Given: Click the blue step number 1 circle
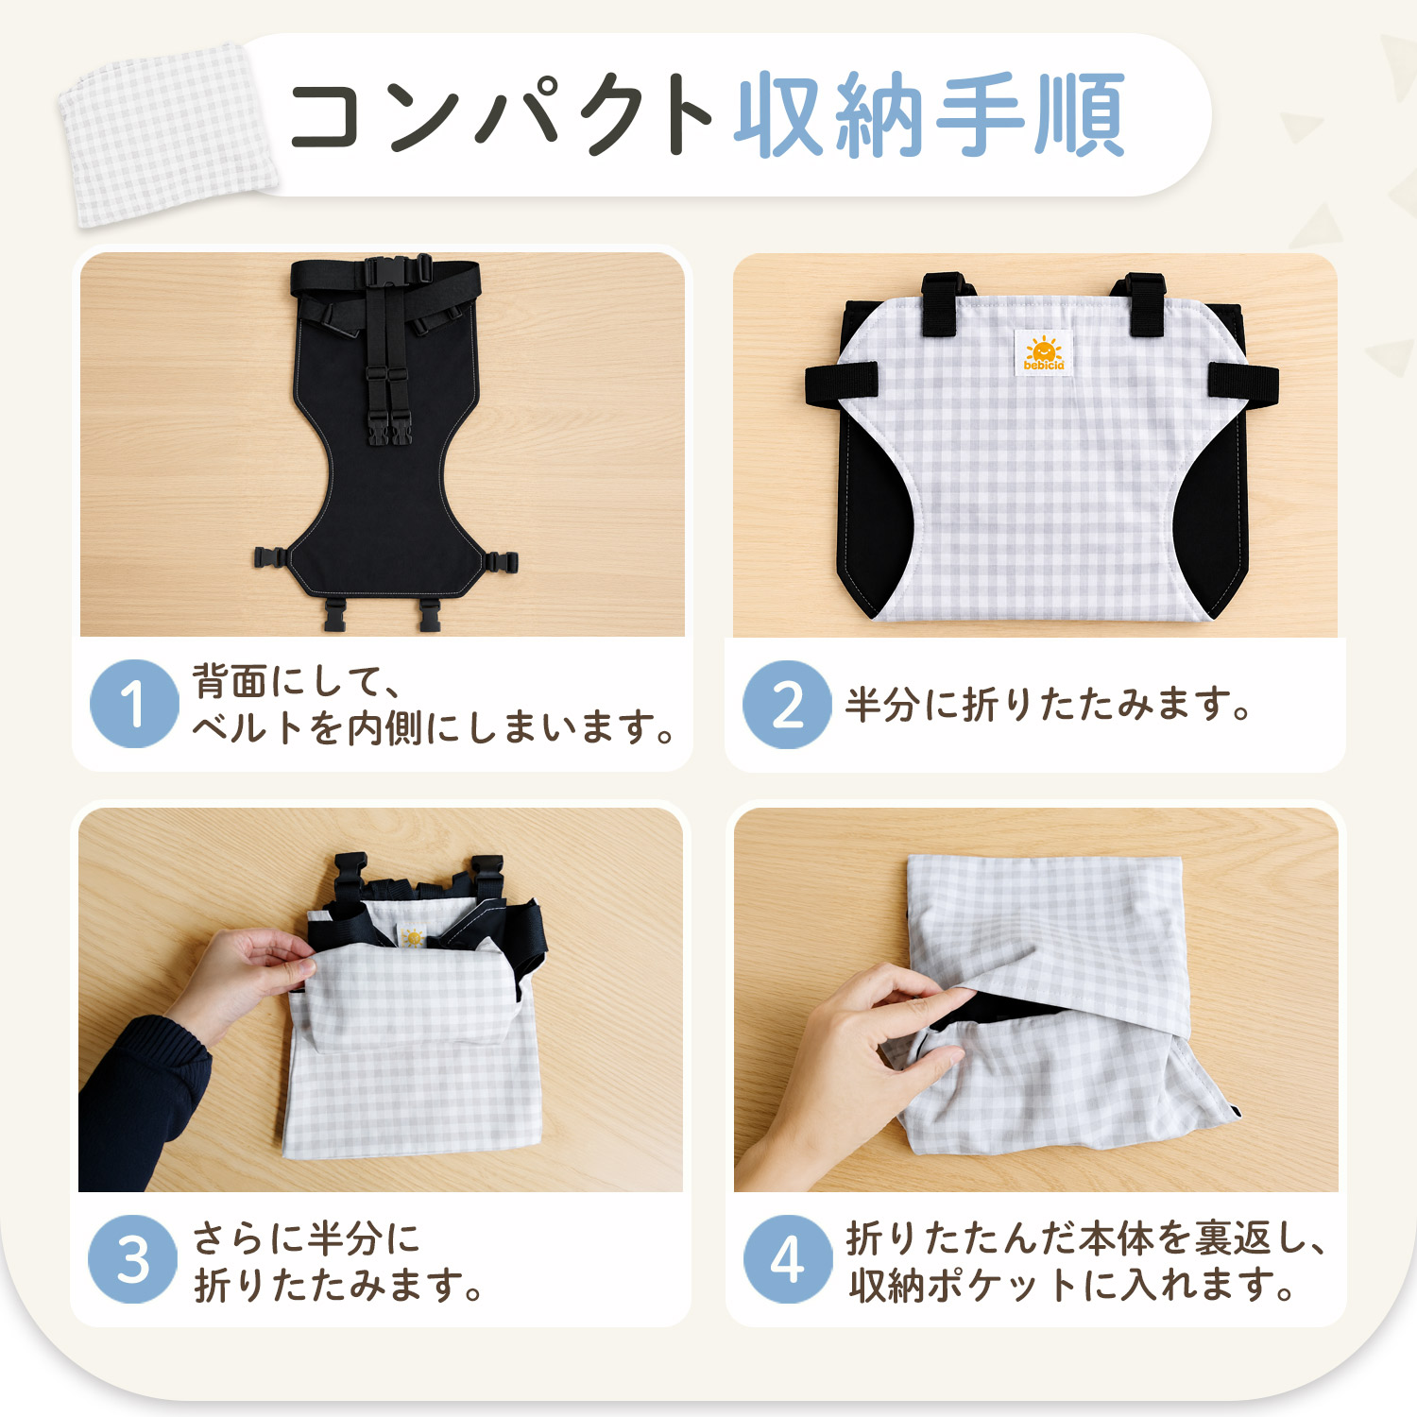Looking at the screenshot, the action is coord(134,704).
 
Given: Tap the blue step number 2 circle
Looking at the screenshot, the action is coord(787,705).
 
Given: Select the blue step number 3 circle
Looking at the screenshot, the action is coord(132,1259).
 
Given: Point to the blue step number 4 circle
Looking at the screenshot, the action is coord(788,1259).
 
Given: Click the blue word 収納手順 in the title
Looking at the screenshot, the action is coord(930,115).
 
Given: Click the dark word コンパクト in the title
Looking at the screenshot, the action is coord(501,115).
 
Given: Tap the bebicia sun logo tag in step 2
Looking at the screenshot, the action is coord(1044,353).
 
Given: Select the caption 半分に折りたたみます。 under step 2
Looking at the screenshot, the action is coord(1049,705).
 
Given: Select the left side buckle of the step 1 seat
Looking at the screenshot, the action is coord(274,557).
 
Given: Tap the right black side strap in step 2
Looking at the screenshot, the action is coord(1243,383).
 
